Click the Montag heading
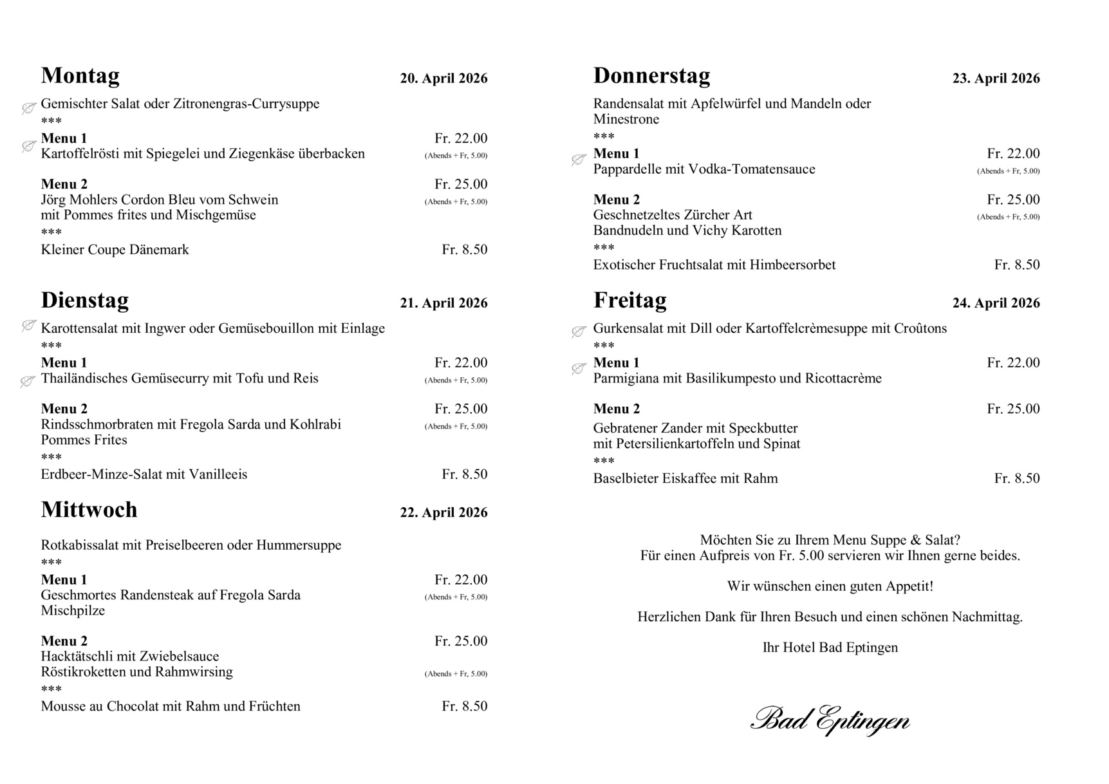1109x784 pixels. [80, 76]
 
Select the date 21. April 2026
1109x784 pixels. [443, 303]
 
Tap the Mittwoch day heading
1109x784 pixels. [89, 510]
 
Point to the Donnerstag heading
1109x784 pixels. [651, 76]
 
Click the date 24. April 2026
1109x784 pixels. [996, 303]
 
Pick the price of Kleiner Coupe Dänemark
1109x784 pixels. [464, 250]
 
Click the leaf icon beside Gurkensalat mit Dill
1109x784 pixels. [579, 331]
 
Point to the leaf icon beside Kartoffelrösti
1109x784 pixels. [28, 147]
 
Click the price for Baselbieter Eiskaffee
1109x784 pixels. [1016, 478]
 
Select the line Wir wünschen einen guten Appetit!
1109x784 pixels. [830, 586]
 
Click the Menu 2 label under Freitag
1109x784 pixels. [616, 409]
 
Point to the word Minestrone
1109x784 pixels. [626, 119]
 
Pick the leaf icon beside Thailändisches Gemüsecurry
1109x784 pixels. [28, 382]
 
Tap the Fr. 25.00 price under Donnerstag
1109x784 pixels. [1013, 200]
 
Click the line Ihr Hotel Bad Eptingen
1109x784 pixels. [830, 648]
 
